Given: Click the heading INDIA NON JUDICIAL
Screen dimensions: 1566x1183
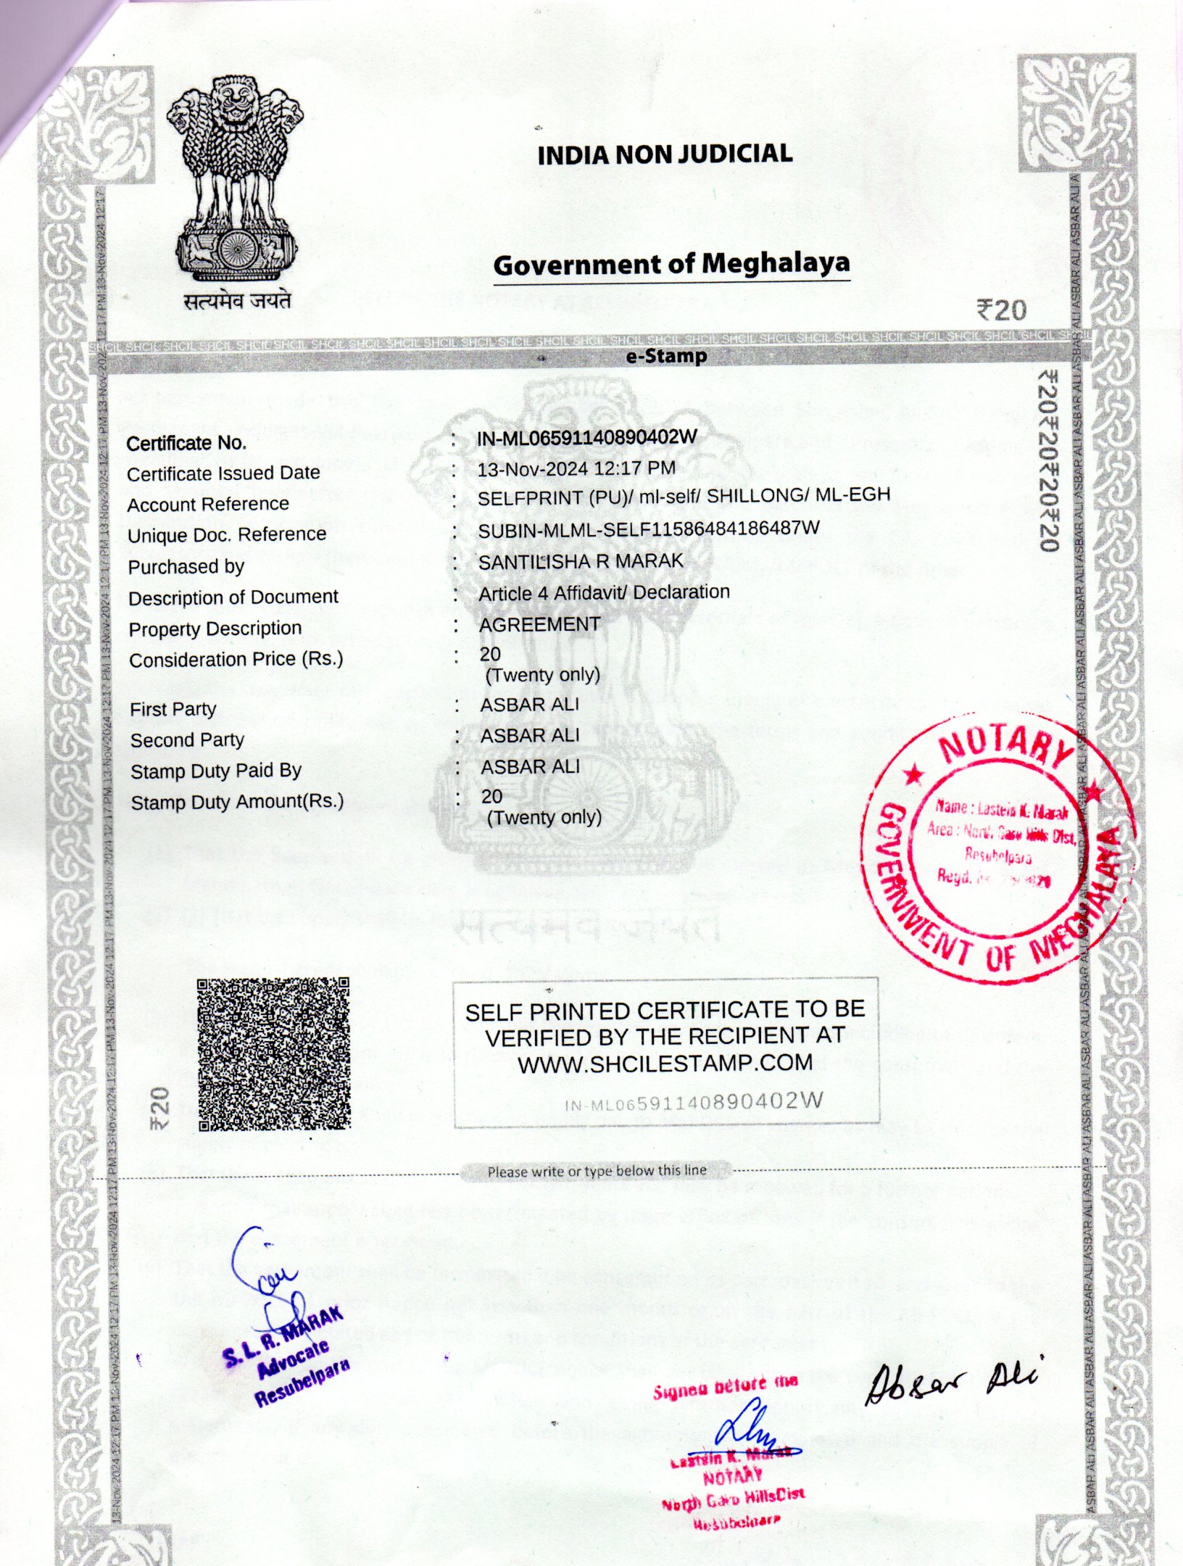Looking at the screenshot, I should tap(665, 154).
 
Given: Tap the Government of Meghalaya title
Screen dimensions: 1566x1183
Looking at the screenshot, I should tap(671, 264).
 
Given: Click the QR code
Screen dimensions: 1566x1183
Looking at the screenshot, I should tap(273, 1054).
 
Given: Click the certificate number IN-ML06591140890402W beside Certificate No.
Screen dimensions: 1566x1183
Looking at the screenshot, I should tap(587, 437).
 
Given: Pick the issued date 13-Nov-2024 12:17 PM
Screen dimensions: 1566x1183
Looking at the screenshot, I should tap(576, 469).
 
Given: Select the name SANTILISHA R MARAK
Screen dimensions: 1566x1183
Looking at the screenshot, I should tap(581, 561).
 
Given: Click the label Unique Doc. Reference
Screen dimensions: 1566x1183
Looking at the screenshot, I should tap(227, 535).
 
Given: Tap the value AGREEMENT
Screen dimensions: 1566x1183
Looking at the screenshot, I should tap(540, 624).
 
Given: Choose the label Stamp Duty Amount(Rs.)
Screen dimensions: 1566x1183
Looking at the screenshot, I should tap(237, 802).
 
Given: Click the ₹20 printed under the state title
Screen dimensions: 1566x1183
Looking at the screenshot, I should tap(1002, 311).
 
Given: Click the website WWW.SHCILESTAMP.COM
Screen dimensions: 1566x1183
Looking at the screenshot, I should tap(665, 1063).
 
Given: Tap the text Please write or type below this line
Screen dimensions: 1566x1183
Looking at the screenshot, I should tap(597, 1171).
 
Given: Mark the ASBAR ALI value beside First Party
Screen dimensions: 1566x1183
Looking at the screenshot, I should tap(530, 705).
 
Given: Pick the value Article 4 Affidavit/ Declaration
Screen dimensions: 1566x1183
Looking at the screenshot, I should tap(604, 593).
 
